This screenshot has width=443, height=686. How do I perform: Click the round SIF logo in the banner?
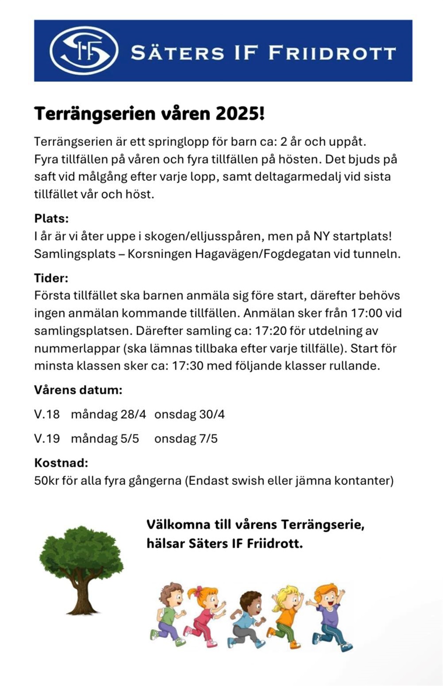84,51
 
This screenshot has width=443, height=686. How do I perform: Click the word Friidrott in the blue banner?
332,53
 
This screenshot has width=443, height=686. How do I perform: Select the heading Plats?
51,218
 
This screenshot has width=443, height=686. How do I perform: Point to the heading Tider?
51,278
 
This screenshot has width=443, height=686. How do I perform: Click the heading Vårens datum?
78,390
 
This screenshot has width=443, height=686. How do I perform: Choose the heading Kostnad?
61,463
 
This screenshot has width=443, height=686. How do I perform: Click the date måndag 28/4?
108,415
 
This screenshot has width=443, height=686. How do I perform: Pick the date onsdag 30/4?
189,415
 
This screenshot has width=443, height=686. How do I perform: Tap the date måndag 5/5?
105,439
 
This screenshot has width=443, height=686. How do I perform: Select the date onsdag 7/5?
186,439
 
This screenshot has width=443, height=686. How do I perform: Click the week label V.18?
47,415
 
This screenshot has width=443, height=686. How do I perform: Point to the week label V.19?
47,439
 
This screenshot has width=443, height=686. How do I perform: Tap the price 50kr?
46,481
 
